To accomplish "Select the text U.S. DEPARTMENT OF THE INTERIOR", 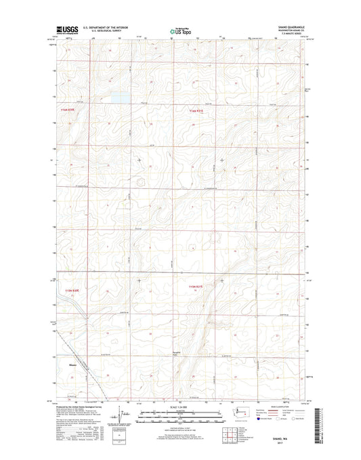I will coord(106,28).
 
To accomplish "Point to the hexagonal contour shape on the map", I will coord(141,182).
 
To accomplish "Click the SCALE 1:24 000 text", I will coord(181,406).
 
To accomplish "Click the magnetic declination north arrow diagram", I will coord(119,415).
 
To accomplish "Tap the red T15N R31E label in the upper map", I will coord(196,111).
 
